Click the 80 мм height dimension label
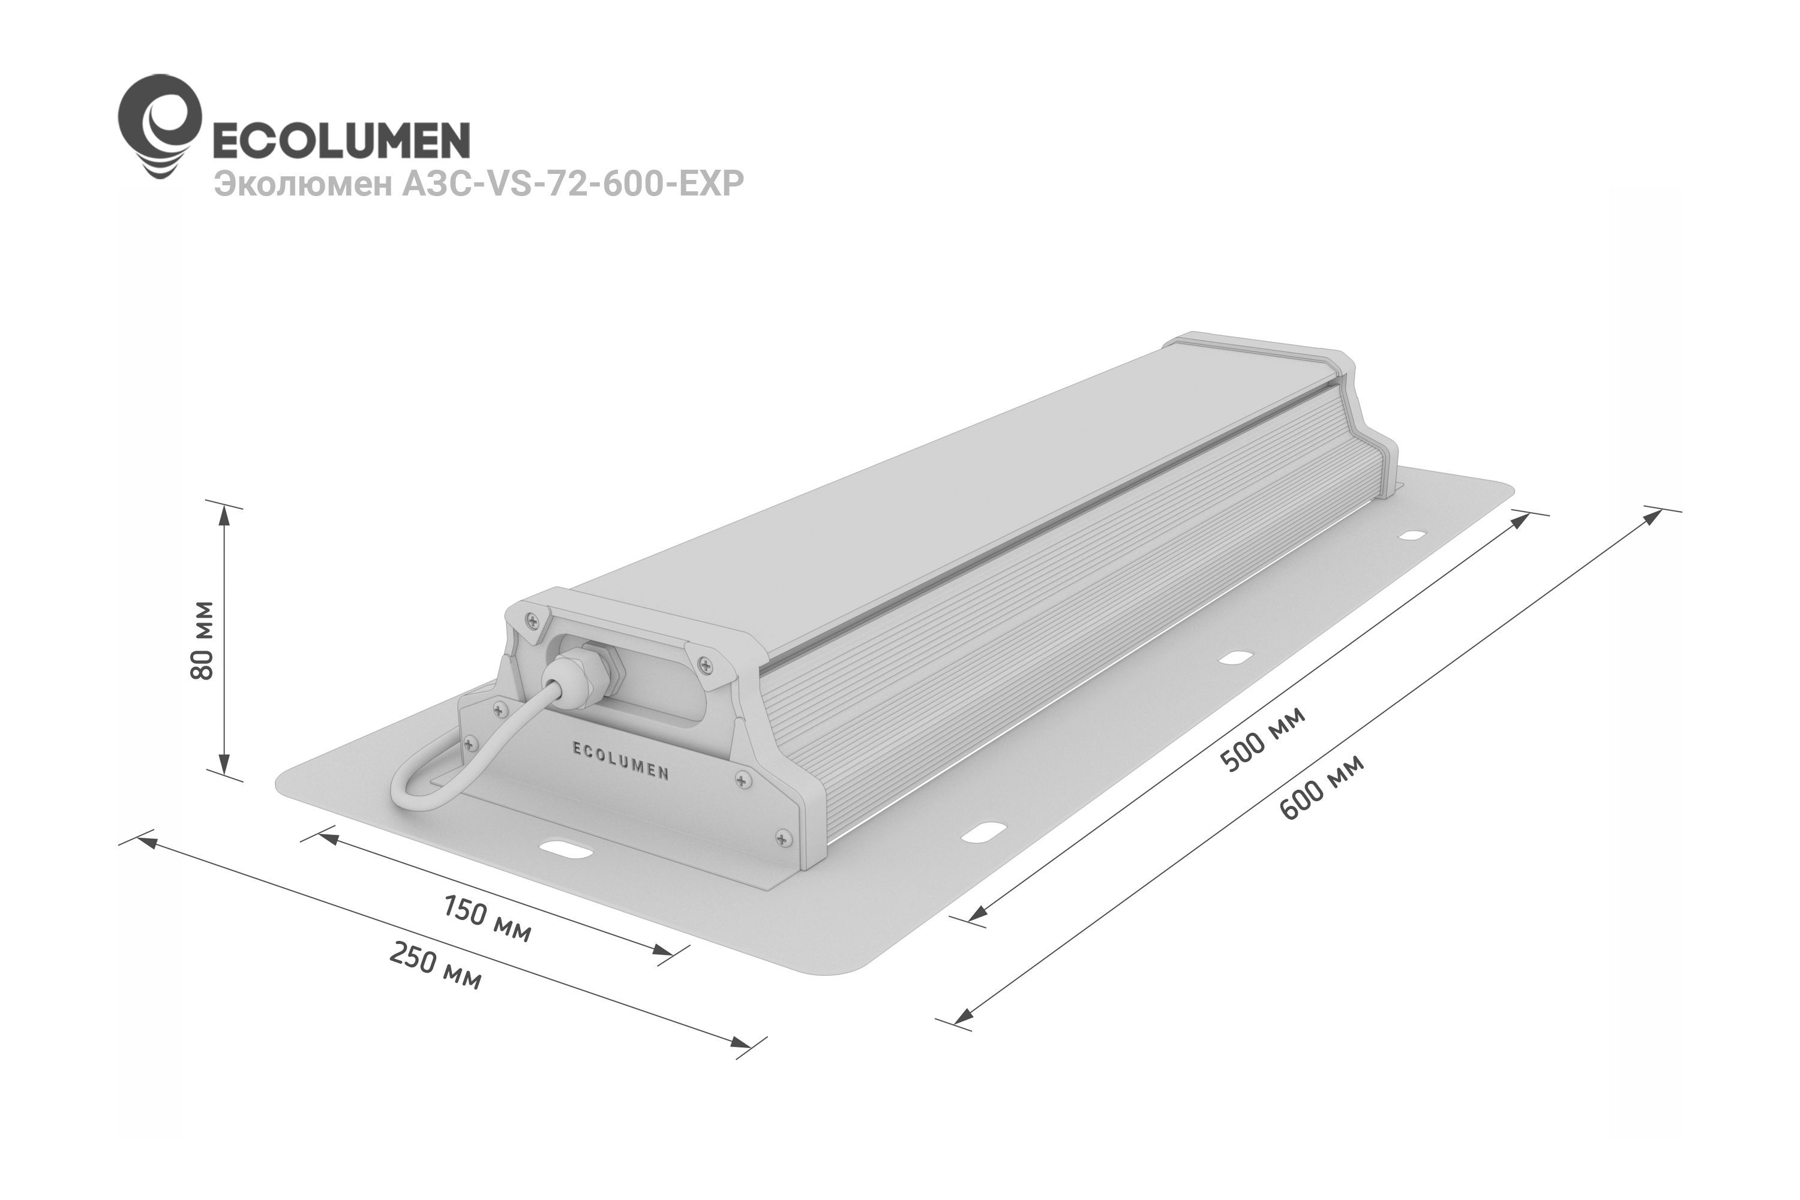[x=203, y=640]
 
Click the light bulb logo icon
[x=159, y=127]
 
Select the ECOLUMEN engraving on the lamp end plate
[x=621, y=760]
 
